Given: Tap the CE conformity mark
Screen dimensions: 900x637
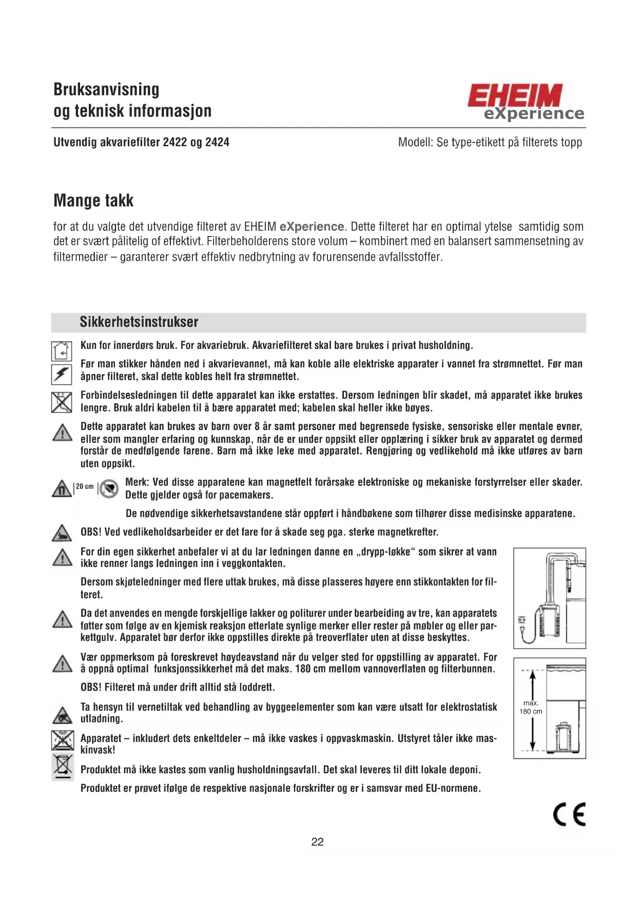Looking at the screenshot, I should tap(569, 814).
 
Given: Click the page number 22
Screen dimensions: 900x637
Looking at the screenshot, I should tap(317, 842).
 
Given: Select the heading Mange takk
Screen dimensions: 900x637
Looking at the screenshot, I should tap(93, 201).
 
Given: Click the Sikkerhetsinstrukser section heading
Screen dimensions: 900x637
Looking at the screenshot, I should tap(139, 322).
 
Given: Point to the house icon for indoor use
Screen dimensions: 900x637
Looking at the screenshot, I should tap(62, 351).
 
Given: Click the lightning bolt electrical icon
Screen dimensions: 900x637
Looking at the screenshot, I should tap(61, 374).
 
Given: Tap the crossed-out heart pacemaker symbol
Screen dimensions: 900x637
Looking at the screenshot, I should tap(109, 488).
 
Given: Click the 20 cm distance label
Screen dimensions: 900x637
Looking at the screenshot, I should tap(85, 486).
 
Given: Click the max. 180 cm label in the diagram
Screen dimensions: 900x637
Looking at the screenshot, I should tap(531, 707).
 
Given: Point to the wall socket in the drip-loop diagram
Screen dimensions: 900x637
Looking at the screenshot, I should tap(522, 620).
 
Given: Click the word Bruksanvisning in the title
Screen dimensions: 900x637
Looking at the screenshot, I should tap(106, 89).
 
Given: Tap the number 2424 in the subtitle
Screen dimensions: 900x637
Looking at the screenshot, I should tap(217, 142).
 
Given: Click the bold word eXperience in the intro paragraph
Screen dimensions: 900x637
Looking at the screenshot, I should tap(312, 226).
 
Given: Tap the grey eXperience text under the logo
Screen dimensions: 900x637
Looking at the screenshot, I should tap(534, 113).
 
